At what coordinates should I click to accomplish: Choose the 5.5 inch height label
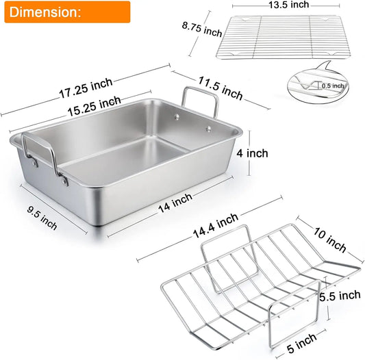coord(340,296)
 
